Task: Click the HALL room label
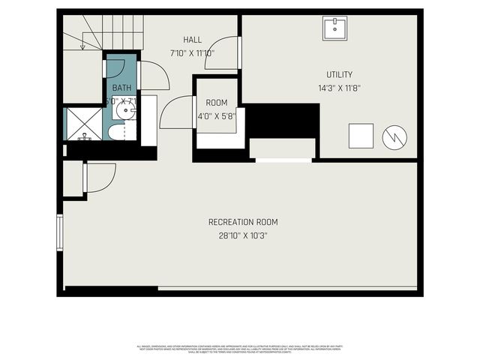(192, 39)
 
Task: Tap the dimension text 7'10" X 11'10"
(192, 53)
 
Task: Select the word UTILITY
(339, 74)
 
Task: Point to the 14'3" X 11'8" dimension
(339, 88)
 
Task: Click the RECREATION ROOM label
(243, 222)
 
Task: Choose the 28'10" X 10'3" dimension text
(243, 235)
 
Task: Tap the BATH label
(121, 88)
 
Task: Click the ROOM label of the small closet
(217, 103)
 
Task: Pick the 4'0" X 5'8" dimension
(217, 116)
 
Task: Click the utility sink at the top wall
(334, 28)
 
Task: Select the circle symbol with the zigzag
(394, 136)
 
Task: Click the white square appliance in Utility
(361, 136)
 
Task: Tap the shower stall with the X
(83, 124)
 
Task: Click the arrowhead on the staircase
(82, 46)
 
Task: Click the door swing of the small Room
(177, 112)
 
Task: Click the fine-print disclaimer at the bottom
(240, 349)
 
